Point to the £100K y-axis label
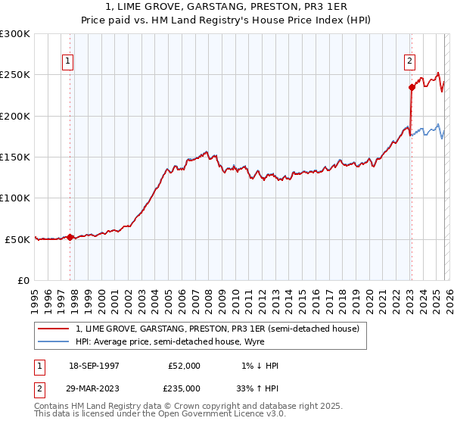coord(15,198)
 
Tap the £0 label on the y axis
coord(23,280)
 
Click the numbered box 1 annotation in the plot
coord(68,61)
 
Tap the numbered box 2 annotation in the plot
coord(409,61)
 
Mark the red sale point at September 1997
coord(70,237)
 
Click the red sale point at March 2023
coord(412,87)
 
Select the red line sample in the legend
coord(54,329)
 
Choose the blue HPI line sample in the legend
coord(54,341)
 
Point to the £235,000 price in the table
coord(184,388)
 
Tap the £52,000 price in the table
coord(184,366)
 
